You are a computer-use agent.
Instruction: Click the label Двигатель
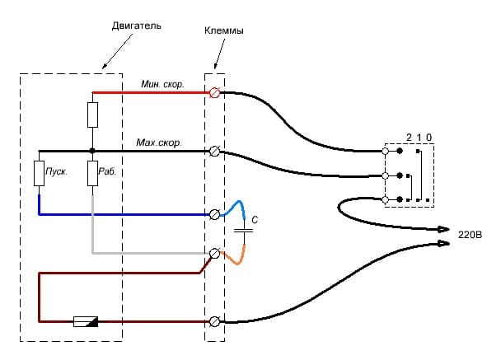[x=137, y=26]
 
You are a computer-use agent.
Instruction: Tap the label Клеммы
[x=223, y=30]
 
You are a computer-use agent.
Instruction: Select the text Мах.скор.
[x=159, y=143]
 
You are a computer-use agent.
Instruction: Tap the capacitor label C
[x=255, y=221]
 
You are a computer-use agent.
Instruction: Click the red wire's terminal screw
[x=216, y=93]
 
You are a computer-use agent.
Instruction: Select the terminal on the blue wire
[x=216, y=214]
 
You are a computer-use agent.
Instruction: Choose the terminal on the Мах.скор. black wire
[x=216, y=152]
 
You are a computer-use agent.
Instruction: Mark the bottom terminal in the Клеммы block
[x=216, y=320]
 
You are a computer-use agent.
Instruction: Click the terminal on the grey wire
[x=216, y=254]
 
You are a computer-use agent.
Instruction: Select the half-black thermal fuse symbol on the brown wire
[x=86, y=321]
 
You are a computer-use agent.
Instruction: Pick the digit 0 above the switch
[x=428, y=136]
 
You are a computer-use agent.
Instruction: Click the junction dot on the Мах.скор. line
[x=92, y=152]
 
